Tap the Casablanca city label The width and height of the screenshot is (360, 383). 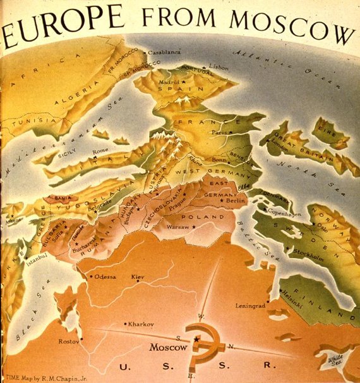165,52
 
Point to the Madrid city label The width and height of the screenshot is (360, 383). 169,82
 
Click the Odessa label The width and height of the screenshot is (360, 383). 106,276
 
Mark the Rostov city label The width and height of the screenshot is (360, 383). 69,341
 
